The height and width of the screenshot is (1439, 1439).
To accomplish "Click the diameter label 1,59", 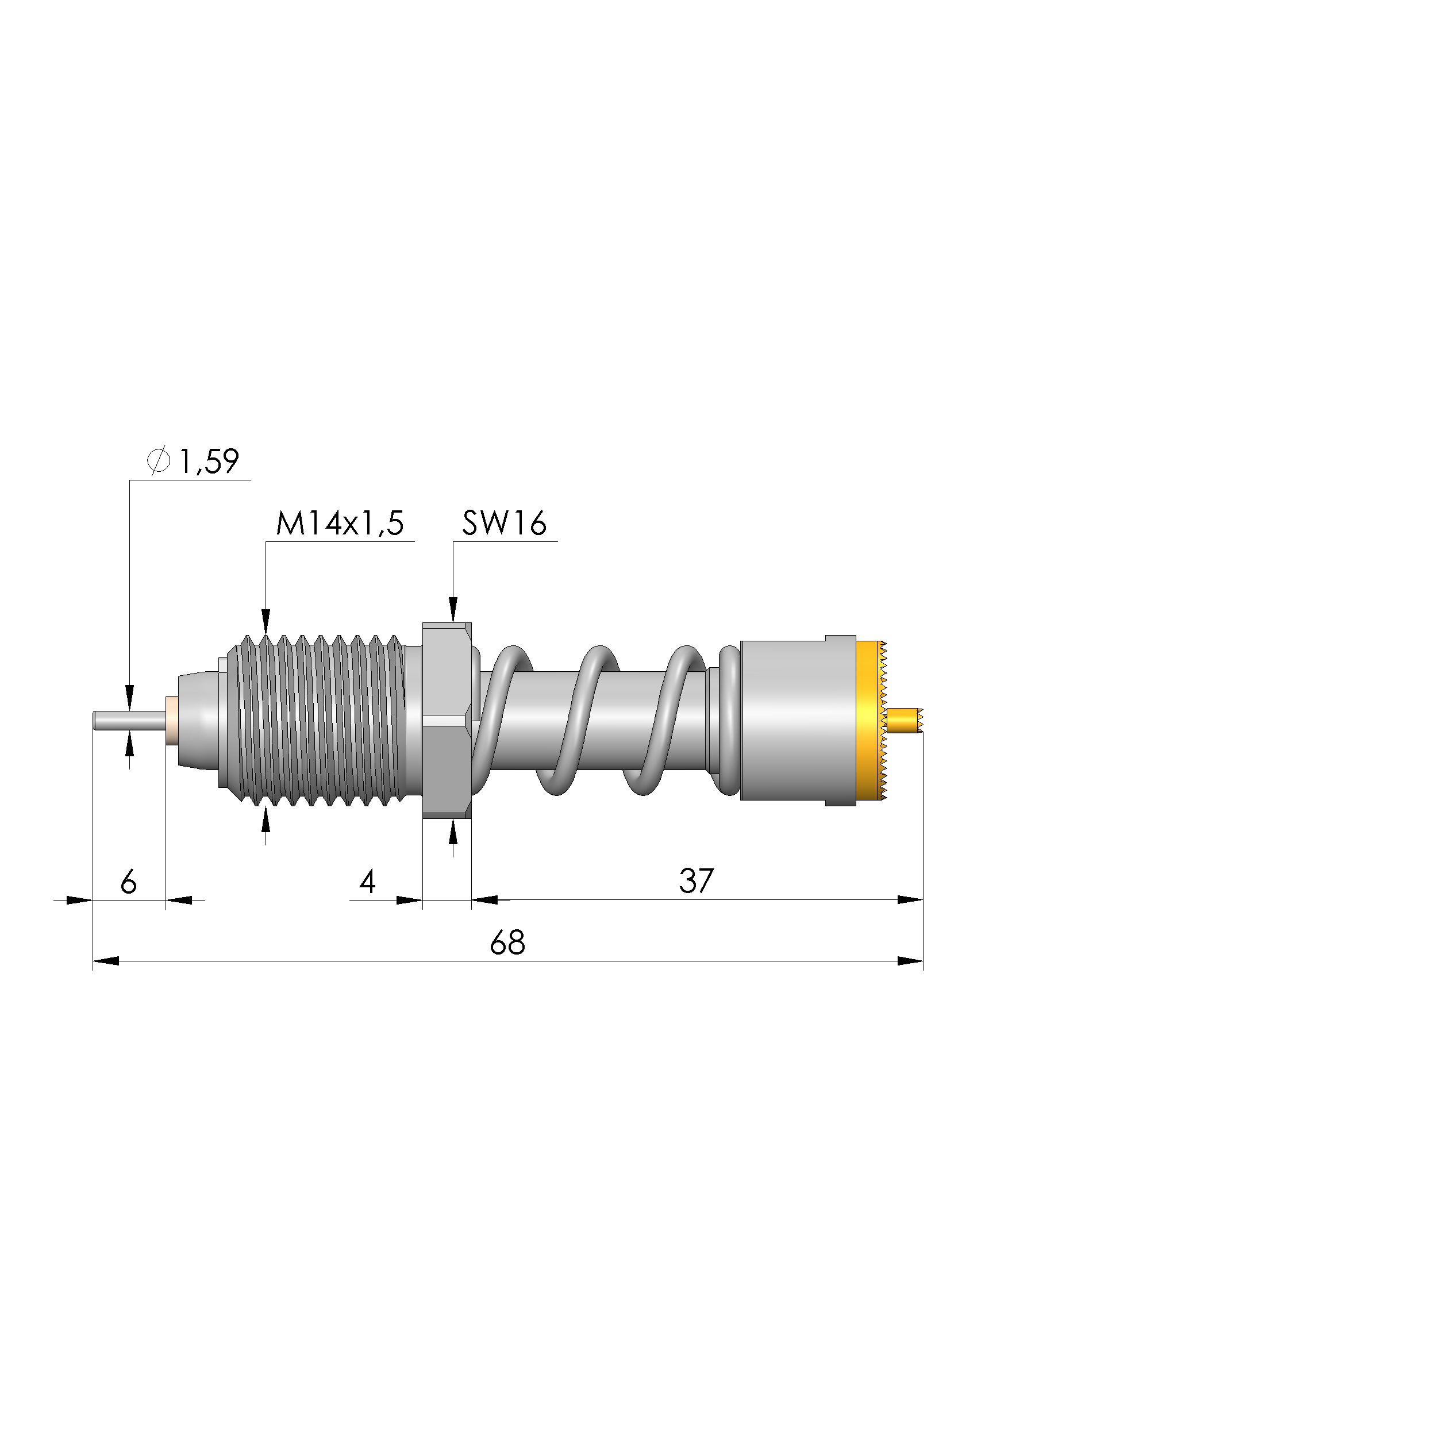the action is [209, 462].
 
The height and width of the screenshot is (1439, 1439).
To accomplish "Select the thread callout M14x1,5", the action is [340, 524].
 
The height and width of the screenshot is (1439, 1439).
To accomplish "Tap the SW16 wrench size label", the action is [504, 524].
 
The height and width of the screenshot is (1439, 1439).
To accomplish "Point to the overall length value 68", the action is [508, 943].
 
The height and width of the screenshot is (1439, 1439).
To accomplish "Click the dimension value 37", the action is [697, 881].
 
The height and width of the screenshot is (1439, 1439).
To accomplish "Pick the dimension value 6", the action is [129, 882].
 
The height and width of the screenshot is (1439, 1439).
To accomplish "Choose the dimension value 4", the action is [367, 882].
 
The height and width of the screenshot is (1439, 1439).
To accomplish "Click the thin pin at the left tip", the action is [129, 721].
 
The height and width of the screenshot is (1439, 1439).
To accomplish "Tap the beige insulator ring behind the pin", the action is [171, 721].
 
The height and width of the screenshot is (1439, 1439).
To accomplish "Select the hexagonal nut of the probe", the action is [447, 720].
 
